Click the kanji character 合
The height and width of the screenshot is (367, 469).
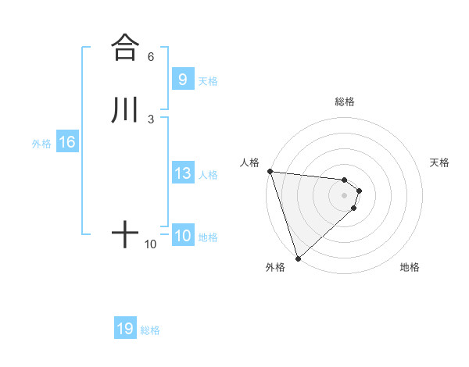(125, 47)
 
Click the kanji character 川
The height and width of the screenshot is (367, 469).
(125, 109)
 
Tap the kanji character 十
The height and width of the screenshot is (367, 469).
(125, 233)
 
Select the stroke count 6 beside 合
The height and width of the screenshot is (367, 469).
(151, 57)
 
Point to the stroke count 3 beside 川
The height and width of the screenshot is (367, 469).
(151, 119)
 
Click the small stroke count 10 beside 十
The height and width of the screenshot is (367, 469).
(151, 244)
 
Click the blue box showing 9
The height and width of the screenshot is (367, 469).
(182, 79)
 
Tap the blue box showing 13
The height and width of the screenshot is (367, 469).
(182, 173)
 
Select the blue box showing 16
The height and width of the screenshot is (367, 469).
(66, 142)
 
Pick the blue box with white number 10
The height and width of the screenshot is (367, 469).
(182, 236)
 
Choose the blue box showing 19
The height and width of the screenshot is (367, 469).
(125, 329)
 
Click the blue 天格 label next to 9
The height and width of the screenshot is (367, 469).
(208, 80)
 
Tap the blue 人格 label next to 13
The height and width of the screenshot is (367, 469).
(208, 175)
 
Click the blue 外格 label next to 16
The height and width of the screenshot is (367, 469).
(41, 144)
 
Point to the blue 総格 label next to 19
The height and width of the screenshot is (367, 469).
(150, 330)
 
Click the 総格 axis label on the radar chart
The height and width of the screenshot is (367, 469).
(344, 102)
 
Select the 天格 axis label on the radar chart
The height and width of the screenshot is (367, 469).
(440, 162)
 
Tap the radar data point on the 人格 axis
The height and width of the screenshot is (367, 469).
(270, 171)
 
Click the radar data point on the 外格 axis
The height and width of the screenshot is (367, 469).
(298, 258)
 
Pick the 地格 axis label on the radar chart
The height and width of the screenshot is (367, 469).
(410, 267)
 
